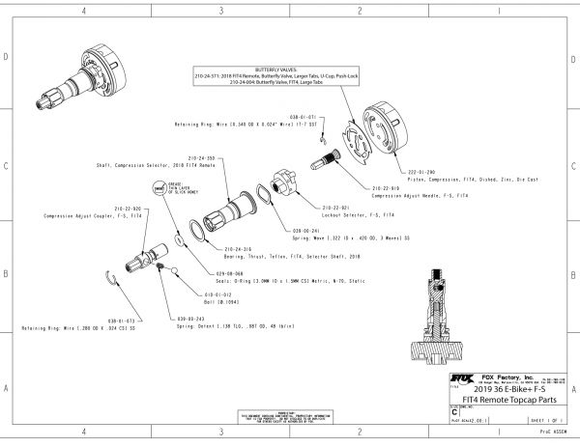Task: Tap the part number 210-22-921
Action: pos(334,206)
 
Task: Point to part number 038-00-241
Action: pos(306,231)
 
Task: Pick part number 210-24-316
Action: pos(239,247)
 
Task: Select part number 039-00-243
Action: pos(193,317)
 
